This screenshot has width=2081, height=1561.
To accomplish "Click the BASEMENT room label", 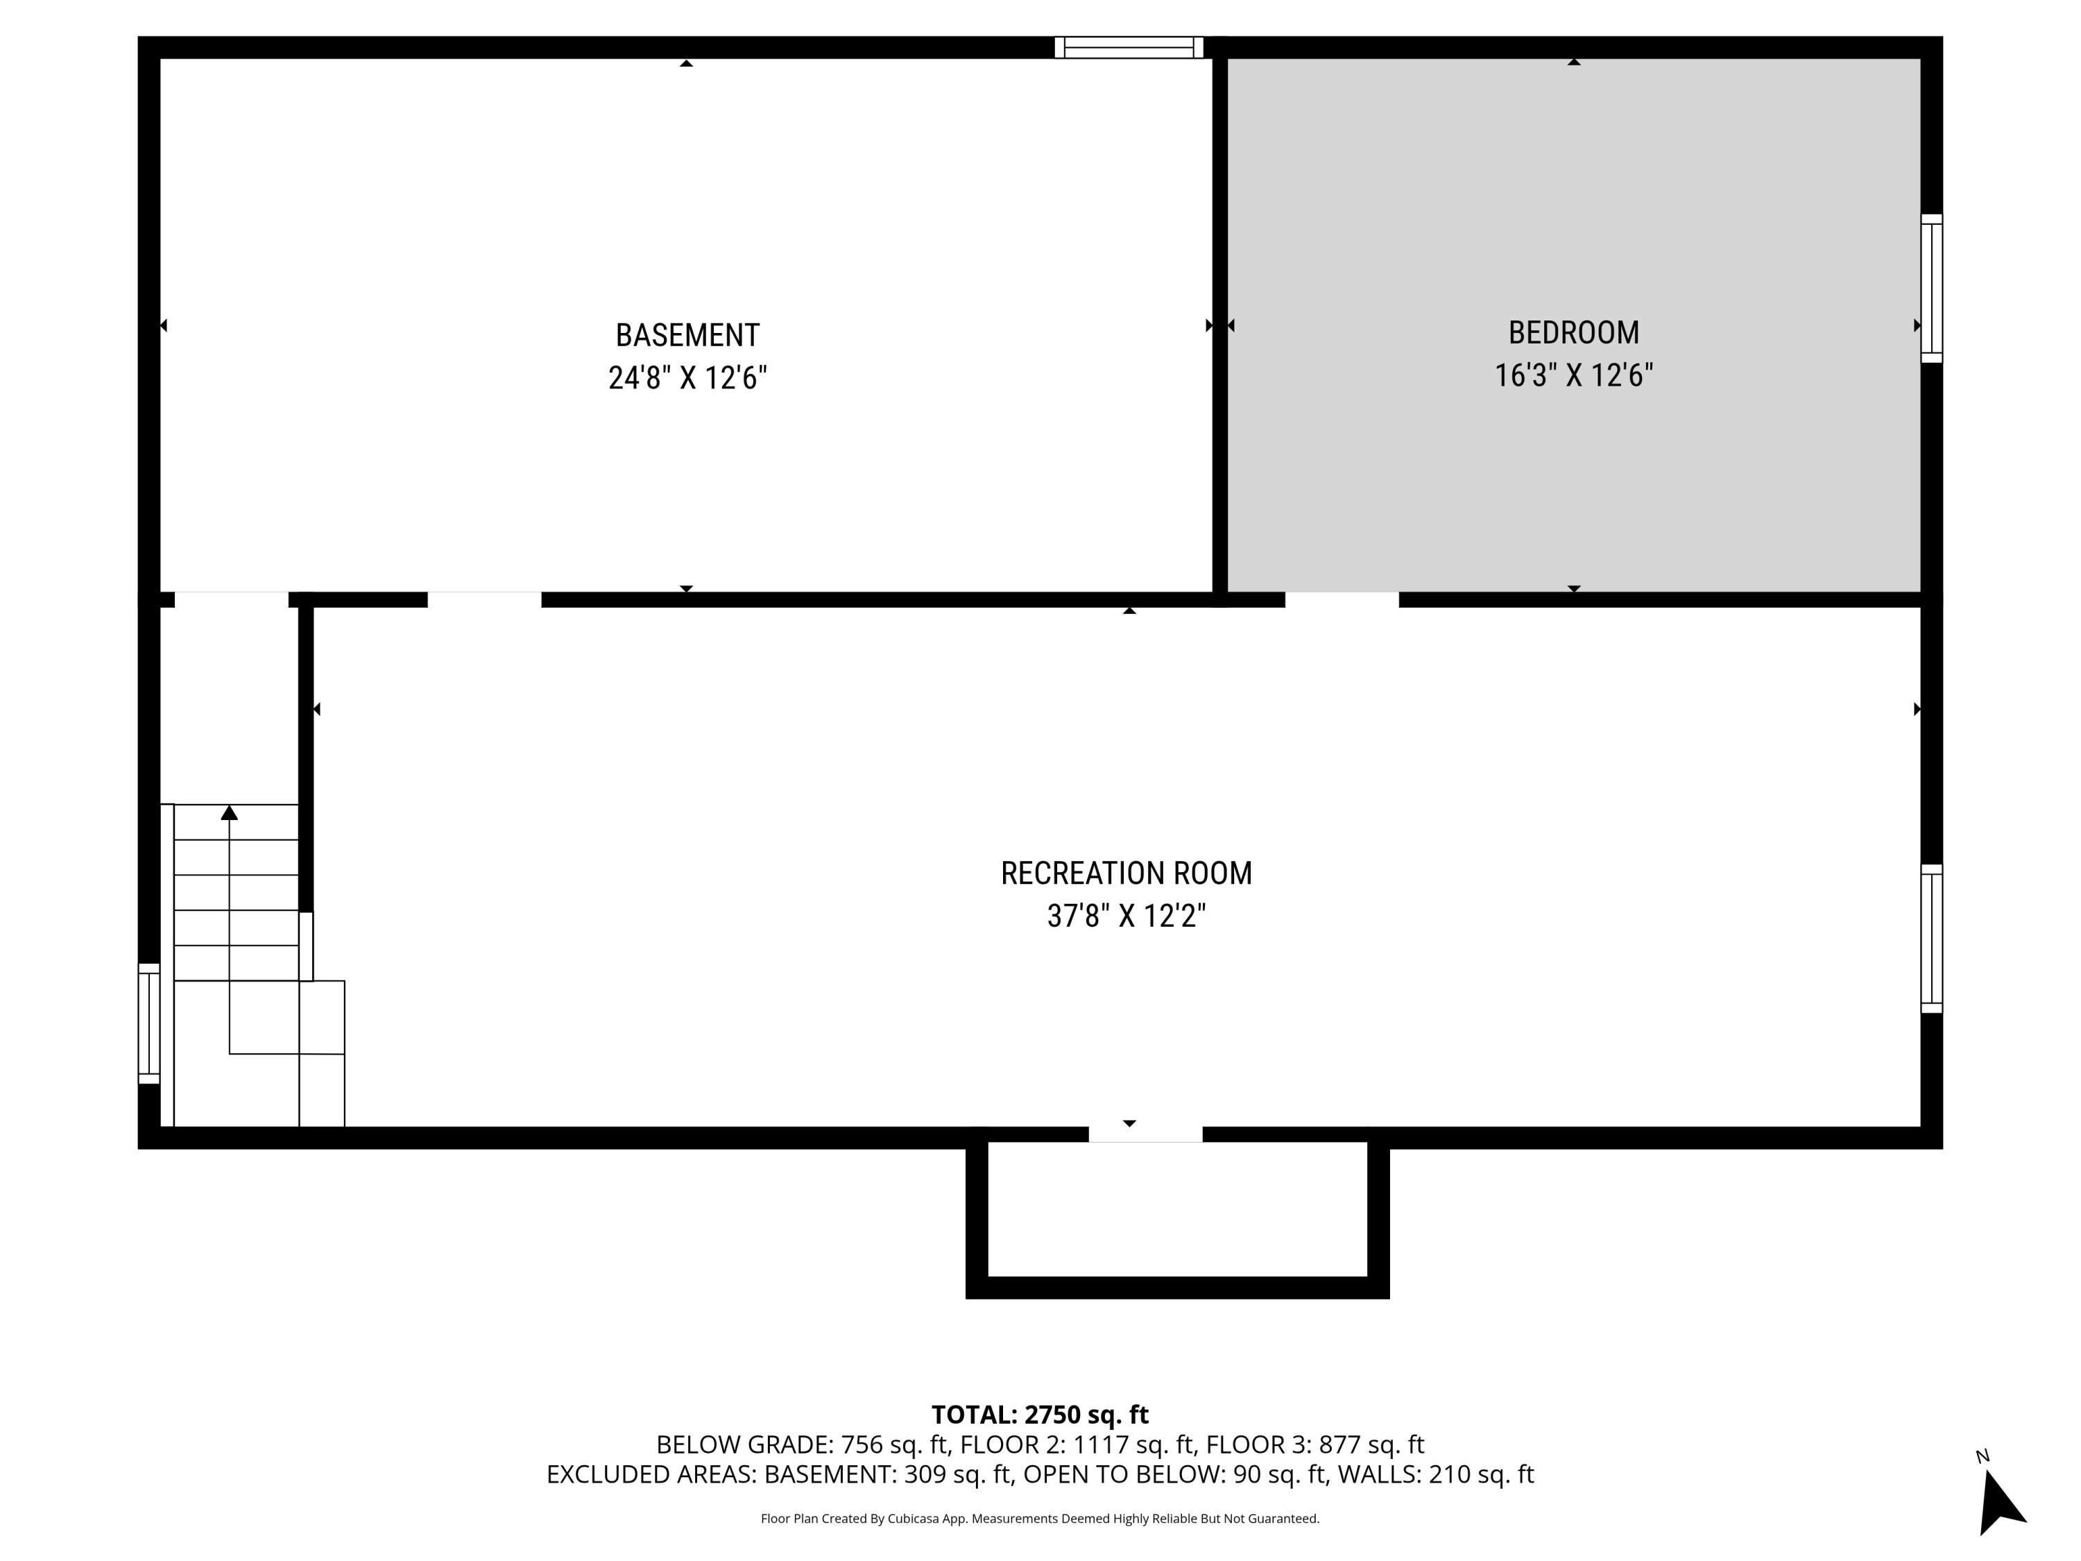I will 687,335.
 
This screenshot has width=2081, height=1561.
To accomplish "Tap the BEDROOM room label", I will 1573,332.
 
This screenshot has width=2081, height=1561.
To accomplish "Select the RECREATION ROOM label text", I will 1126,873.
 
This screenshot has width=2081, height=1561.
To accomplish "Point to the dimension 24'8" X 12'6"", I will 687,378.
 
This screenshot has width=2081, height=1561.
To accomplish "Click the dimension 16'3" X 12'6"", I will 1573,375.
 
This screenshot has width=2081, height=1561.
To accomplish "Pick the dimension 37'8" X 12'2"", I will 1126,916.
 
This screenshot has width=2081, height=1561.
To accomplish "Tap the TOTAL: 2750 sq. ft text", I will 1040,1414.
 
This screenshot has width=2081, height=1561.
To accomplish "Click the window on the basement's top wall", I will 1128,47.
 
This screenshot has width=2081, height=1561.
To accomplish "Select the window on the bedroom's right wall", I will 1930,288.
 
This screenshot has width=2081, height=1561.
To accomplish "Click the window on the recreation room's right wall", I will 1930,938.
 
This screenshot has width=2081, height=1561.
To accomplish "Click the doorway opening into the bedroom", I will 1342,599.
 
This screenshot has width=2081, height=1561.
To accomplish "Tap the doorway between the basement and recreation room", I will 483,599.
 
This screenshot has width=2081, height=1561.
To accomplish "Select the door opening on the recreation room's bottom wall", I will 1145,1134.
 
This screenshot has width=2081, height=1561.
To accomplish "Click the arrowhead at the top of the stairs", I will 230,813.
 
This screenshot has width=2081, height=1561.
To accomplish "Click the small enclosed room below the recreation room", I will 1177,1209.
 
